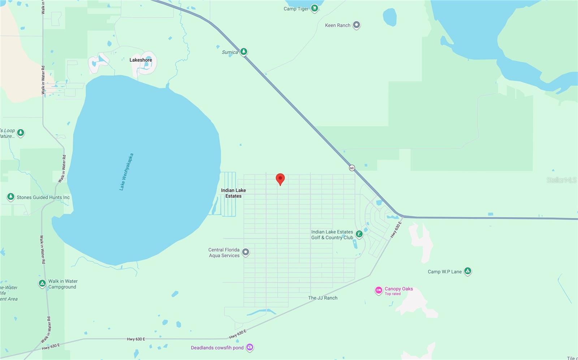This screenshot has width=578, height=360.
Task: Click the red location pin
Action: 280,179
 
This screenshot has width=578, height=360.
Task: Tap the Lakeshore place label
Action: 141,60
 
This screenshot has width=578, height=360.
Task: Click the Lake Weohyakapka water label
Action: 126,172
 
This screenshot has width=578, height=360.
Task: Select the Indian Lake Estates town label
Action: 233,193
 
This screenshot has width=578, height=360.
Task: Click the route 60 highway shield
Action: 352,168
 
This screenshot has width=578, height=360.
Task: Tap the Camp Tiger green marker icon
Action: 315,8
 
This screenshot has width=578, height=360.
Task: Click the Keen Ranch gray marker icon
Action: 357,25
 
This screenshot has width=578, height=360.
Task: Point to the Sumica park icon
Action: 244,52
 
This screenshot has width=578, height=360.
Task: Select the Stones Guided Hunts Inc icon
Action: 11,197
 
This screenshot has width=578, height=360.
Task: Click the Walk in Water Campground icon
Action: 42,283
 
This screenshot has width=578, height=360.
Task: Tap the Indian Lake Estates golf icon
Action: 359,234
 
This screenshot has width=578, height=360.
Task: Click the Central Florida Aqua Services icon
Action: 246,252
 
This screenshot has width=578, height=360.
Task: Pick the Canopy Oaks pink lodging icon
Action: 378,290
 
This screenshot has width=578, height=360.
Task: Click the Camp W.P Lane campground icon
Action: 467,271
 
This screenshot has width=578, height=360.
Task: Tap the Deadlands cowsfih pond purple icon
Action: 250,347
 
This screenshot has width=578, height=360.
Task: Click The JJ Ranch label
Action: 323,298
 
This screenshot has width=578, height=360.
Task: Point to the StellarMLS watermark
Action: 561,180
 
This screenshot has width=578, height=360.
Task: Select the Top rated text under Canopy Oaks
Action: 393,294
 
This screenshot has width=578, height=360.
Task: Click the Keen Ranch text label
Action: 337,25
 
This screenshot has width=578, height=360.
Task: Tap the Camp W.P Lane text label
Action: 445,272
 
